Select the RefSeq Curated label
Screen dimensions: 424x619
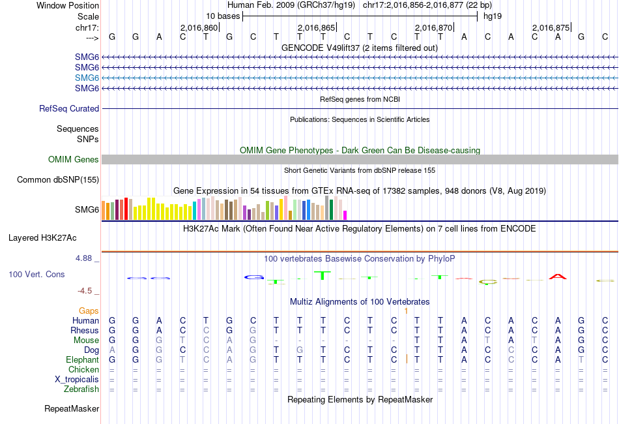click(x=69, y=109)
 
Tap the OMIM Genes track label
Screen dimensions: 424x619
click(x=74, y=160)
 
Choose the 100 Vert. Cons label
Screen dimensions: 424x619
click(x=36, y=275)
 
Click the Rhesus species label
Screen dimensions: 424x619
click(x=85, y=331)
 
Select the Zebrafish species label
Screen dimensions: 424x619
click(x=81, y=389)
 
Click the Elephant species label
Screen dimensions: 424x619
click(x=82, y=360)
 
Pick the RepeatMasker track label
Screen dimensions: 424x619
click(x=72, y=409)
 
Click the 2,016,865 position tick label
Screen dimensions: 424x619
click(x=316, y=27)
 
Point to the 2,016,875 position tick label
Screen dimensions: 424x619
click(x=551, y=27)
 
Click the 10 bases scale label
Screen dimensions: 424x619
click(x=223, y=16)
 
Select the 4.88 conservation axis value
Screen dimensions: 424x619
click(x=85, y=258)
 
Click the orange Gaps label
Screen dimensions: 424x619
click(x=89, y=311)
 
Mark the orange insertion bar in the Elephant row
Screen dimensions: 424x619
click(x=407, y=359)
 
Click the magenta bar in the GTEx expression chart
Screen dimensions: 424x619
click(x=345, y=215)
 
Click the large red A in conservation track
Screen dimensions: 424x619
click(x=558, y=277)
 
